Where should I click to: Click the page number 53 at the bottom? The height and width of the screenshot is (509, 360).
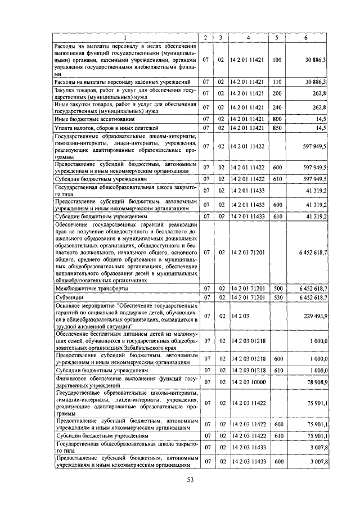[x=190, y=479]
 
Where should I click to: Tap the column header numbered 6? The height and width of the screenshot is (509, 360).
[x=306, y=37]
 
